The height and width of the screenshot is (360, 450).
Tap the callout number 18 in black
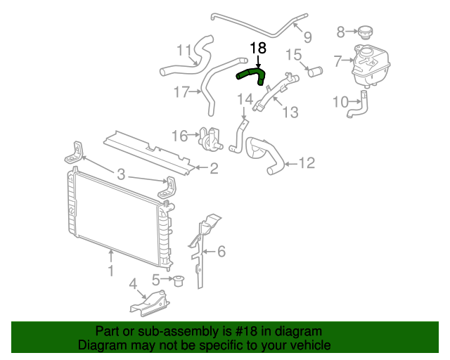point(258,48)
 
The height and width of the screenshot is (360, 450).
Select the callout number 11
point(184,50)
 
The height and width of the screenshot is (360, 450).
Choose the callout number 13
point(290,112)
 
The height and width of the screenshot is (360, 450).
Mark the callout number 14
point(243,100)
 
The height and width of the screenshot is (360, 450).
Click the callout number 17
point(181,91)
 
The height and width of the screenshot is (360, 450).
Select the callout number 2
point(214,168)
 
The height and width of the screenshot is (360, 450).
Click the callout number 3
point(121,174)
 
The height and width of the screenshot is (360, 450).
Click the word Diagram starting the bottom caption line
point(102,345)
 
